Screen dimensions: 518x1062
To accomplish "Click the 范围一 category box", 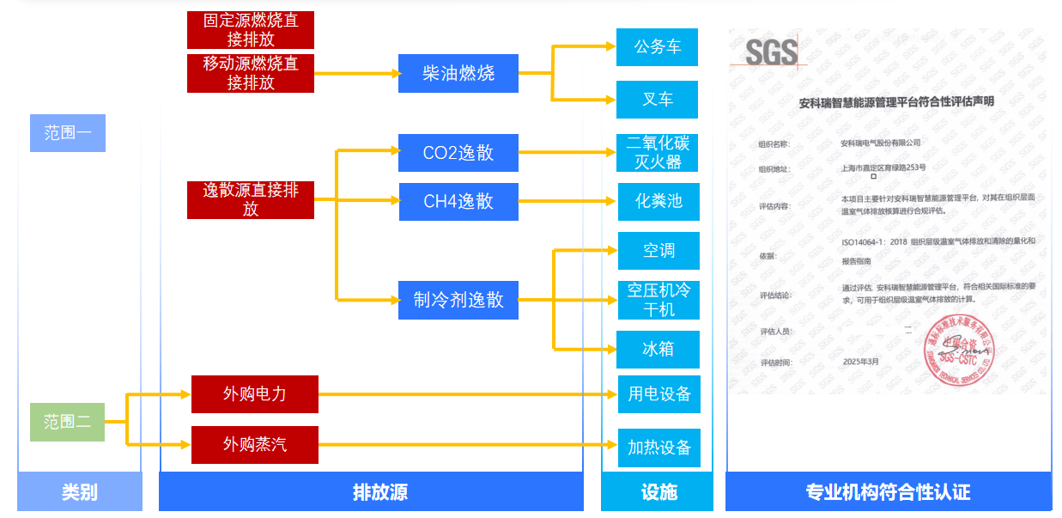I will point(67,133).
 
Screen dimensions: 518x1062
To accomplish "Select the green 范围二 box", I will point(67,422).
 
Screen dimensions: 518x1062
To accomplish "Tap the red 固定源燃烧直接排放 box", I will point(251,30).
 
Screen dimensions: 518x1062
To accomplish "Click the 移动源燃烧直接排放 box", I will point(251,73).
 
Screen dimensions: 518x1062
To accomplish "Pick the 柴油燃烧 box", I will point(458,73).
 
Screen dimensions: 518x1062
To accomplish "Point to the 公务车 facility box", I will point(657,47).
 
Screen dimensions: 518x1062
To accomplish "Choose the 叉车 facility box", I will point(657,100).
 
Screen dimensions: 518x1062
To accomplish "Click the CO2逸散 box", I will point(458,153).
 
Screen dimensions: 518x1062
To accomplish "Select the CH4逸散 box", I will point(458,201).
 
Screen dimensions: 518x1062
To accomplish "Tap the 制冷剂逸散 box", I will point(458,300).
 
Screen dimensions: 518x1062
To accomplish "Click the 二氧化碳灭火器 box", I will point(658,152).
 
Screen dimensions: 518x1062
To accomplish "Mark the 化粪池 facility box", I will point(658,201).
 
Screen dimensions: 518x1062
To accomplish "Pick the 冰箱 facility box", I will point(658,349).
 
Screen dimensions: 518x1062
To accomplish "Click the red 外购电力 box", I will point(254,394).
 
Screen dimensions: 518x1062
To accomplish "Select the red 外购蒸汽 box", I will point(254,445).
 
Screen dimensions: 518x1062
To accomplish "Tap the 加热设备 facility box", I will point(658,448).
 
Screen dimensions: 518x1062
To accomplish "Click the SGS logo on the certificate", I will point(770,53).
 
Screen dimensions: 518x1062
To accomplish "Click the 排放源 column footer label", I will point(379,492).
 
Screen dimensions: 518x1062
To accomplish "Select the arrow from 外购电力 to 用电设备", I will point(468,395).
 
